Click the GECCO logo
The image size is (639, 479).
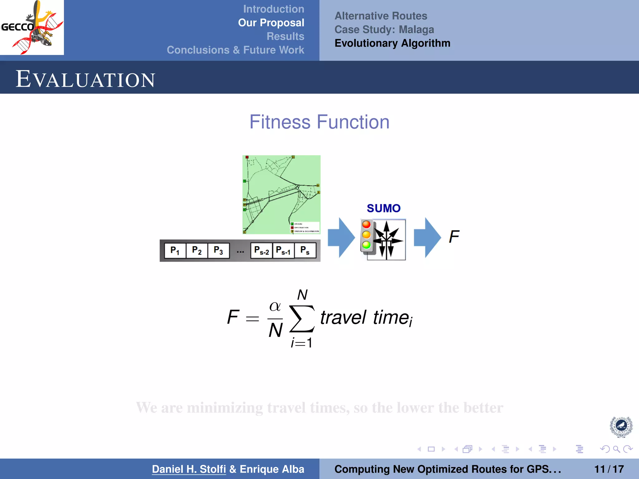(32, 27)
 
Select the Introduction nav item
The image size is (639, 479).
(273, 9)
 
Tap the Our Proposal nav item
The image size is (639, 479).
(271, 23)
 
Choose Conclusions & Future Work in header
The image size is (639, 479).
(235, 50)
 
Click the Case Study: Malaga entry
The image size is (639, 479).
(384, 30)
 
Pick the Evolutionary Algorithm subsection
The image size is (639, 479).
(392, 43)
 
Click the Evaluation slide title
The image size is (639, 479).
(85, 79)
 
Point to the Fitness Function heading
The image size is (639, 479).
(319, 122)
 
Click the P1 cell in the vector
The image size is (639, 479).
(175, 250)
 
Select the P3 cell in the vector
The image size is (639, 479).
(218, 250)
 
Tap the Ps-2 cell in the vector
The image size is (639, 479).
(261, 250)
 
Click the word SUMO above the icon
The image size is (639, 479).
(383, 208)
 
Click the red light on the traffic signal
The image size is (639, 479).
(366, 225)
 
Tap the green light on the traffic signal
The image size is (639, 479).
(366, 245)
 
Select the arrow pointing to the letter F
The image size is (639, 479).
(427, 238)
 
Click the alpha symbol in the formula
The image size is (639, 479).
(275, 306)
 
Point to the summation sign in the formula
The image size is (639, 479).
(302, 319)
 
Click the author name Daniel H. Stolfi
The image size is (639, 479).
(189, 469)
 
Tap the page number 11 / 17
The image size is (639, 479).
(609, 469)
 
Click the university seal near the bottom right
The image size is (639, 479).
(621, 427)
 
